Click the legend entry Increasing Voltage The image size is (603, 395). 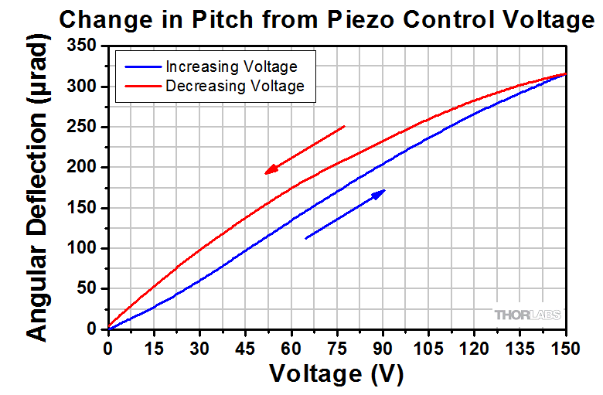[x=231, y=67]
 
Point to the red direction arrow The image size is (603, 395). [x=305, y=149]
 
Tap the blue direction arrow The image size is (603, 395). [x=346, y=213]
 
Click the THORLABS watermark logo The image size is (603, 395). [x=527, y=315]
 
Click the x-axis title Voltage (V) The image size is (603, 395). [x=336, y=374]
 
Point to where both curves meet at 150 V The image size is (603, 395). [x=566, y=74]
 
